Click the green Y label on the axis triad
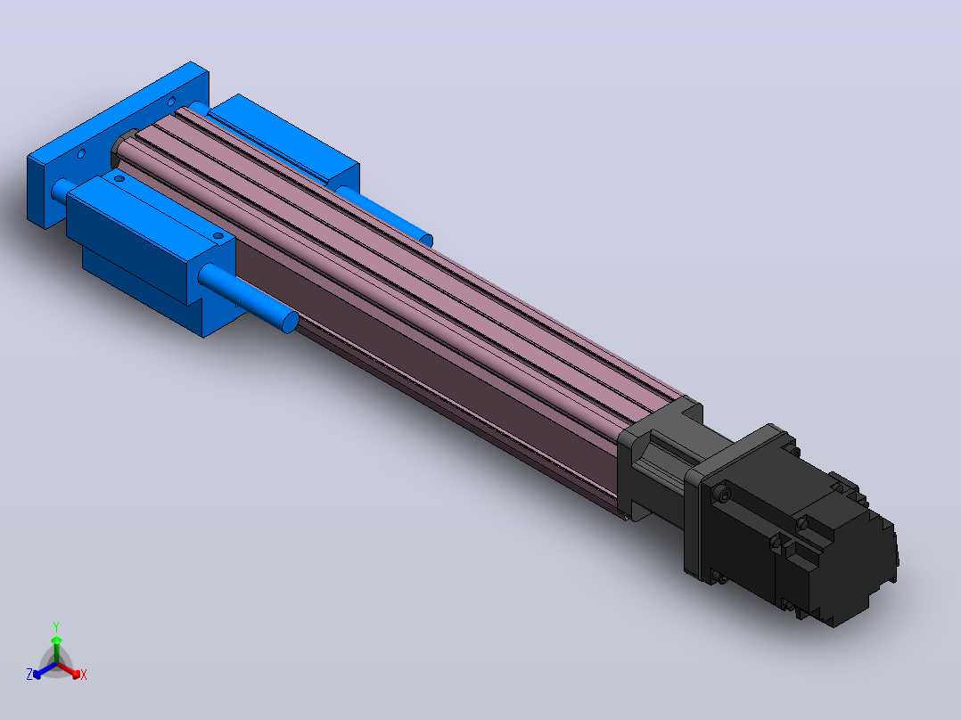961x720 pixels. [56, 626]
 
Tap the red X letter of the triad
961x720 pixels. [84, 675]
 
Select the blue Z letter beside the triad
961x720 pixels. [29, 675]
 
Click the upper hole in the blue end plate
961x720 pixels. [171, 102]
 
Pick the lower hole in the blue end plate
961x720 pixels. [81, 154]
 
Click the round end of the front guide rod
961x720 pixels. [291, 323]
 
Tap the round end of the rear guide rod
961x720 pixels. [426, 241]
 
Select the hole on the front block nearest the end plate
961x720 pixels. [119, 179]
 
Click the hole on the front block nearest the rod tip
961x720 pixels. [218, 236]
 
